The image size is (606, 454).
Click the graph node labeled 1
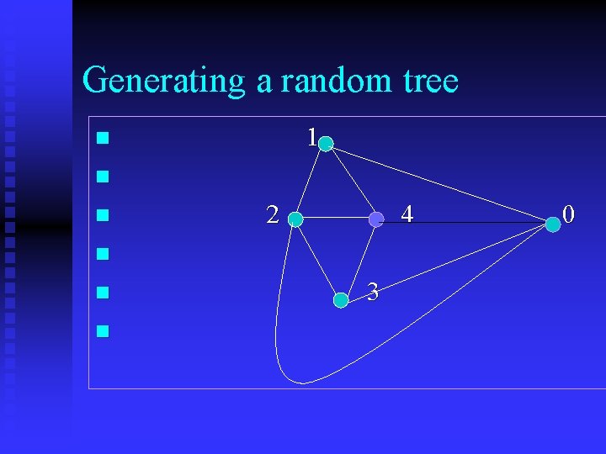[326, 144]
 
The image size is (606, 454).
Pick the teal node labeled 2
[295, 220]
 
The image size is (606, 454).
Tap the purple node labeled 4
[376, 219]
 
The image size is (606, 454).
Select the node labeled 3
[341, 299]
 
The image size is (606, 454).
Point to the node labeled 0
[552, 224]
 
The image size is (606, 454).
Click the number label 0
[568, 215]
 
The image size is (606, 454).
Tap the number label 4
[407, 215]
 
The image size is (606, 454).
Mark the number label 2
[272, 215]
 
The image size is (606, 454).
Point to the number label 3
[374, 293]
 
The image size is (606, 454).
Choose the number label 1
[311, 137]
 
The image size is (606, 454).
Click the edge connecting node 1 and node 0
[438, 183]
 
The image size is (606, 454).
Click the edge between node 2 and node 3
[317, 260]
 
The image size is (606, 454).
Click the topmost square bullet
[103, 137]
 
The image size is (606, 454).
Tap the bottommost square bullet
[103, 331]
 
